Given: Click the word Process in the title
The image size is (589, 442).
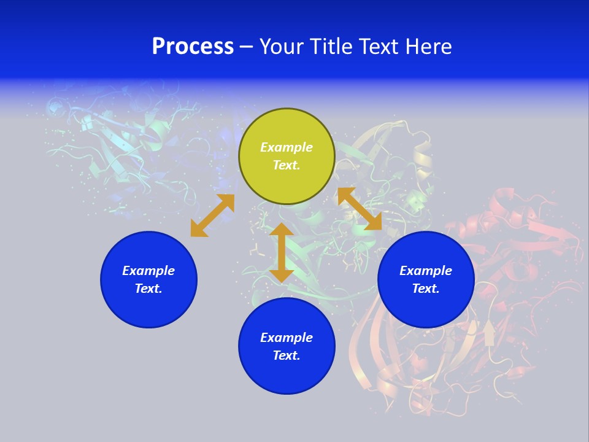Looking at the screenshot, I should pos(193,47).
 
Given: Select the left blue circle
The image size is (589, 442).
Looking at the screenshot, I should pos(148,307).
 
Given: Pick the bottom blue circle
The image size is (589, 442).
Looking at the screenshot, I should pos(287,374).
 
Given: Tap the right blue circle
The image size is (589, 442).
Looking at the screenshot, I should pos(426,307).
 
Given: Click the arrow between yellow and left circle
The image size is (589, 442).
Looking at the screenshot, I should pos(212,215).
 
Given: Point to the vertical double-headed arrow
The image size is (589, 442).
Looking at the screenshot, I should pos(282,252).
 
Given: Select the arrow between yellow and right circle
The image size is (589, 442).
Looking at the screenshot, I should pos(360,209).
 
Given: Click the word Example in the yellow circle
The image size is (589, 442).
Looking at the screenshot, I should pos(287,147).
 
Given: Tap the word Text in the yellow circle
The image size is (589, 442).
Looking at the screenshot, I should pos(287,165).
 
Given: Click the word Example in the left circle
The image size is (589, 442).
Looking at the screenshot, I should pos(148,271).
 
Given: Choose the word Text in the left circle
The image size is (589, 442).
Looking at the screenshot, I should pos(148,289).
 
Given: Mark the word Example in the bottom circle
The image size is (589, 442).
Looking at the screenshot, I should pos(287,338).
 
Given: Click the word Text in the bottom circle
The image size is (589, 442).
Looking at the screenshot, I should pos(287,355).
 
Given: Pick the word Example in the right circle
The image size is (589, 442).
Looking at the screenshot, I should pos(426,271).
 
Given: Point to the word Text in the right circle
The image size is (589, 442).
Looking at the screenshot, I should pos(426,289).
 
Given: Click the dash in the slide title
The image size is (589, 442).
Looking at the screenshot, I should pos(246,47).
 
